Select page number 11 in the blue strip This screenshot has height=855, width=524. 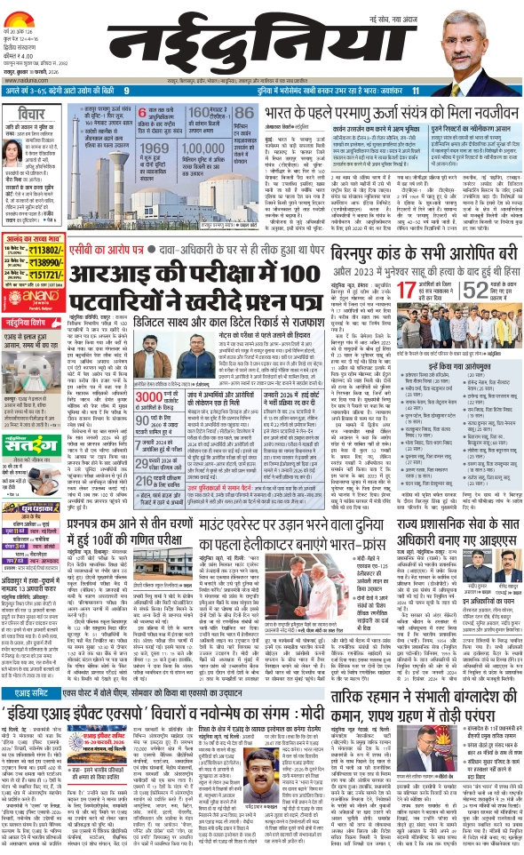click(x=415, y=91)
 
